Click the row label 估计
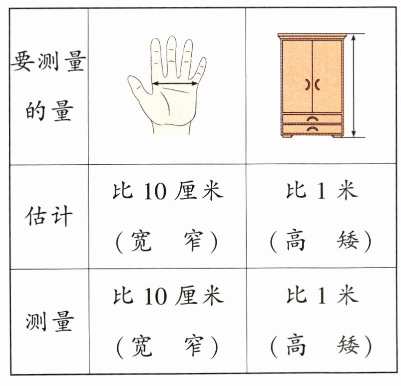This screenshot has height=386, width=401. click(48, 216)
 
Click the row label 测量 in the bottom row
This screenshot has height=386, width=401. click(49, 321)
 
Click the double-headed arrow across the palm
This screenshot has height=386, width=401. click(175, 83)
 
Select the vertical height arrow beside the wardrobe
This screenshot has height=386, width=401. click(354, 85)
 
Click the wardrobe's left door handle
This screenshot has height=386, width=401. click(308, 84)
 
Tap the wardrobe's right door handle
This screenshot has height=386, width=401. click(317, 84)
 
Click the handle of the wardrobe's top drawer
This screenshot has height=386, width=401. click(312, 119)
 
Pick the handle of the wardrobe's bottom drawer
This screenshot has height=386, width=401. click(312, 129)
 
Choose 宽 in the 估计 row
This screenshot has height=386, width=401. click(141, 241)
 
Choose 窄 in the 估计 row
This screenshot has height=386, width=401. click(194, 241)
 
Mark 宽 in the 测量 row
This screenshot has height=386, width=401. click(142, 346)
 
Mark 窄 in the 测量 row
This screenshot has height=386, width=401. click(195, 346)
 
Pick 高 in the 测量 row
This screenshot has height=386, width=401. click(296, 346)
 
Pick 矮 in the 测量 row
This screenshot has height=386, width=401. click(349, 346)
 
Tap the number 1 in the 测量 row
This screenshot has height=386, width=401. click(322, 296)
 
